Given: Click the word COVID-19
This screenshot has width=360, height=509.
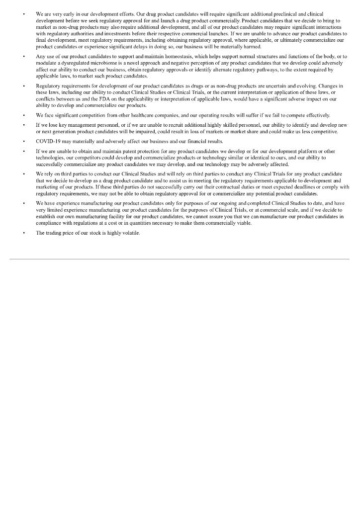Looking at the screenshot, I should (x=48, y=142).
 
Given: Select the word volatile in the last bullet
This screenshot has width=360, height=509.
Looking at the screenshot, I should (x=130, y=233).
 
